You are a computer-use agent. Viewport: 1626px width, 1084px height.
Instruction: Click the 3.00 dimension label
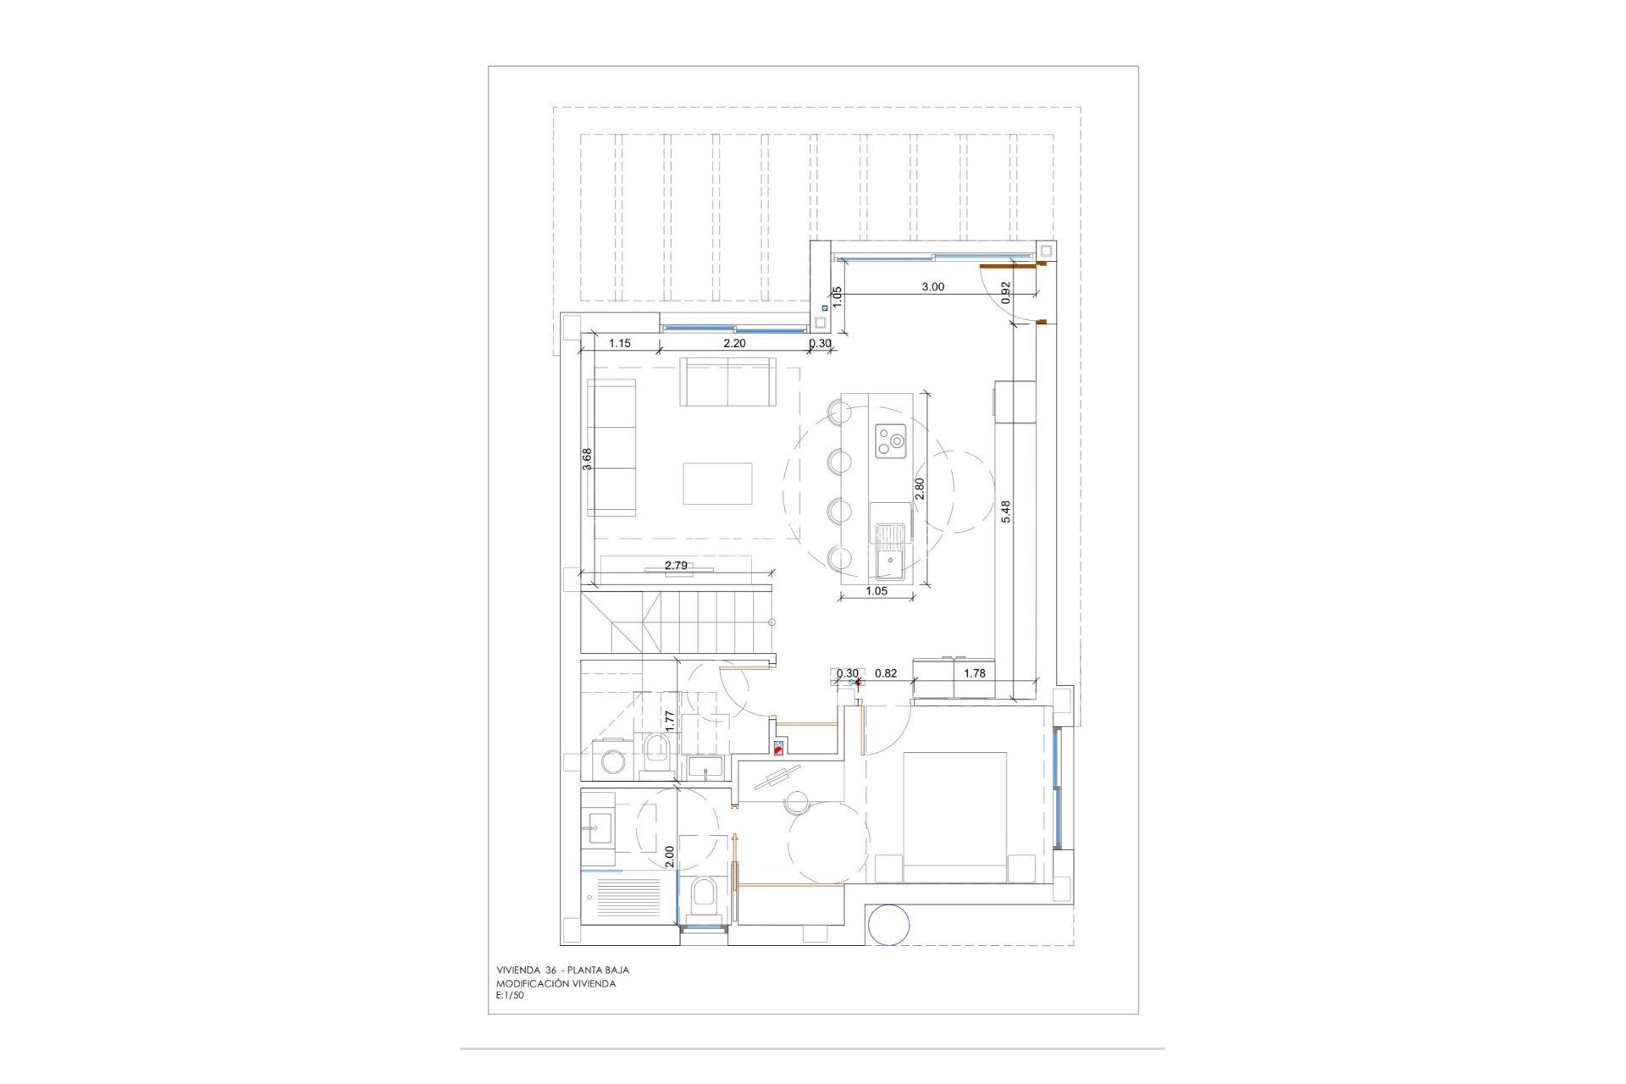tap(932, 287)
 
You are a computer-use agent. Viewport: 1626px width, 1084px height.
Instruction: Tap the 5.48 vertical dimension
tap(1006, 511)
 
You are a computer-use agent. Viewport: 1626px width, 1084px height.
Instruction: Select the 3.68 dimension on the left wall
tap(587, 458)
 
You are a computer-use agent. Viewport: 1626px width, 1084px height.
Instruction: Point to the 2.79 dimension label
tap(676, 565)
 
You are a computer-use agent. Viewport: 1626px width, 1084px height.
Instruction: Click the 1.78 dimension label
tap(975, 673)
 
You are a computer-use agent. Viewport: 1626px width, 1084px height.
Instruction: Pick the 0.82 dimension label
tap(886, 673)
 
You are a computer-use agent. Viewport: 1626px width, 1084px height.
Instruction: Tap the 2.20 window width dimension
tap(734, 343)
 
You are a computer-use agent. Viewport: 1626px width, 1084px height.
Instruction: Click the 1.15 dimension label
tap(620, 343)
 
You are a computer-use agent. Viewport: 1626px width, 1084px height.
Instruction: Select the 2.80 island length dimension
tap(920, 489)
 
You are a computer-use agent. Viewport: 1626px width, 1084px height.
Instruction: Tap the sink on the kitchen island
tap(889, 550)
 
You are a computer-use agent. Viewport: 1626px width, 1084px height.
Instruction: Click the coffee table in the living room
tap(717, 484)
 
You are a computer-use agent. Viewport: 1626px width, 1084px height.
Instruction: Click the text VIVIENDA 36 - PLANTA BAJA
tap(562, 971)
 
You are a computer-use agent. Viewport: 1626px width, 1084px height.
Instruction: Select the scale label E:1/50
tap(510, 996)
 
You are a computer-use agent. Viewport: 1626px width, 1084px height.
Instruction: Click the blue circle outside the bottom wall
tap(889, 925)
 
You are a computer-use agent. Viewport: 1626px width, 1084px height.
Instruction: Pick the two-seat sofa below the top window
tap(728, 382)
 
